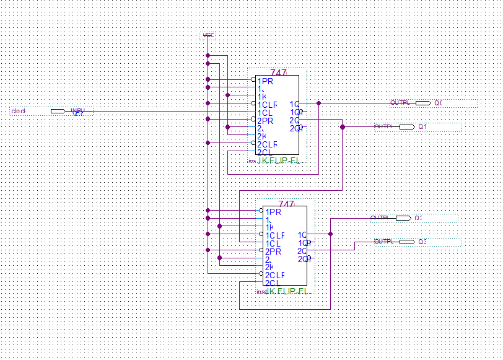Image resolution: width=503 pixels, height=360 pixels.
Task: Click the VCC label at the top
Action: (209, 35)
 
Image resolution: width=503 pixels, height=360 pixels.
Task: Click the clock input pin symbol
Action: (58, 111)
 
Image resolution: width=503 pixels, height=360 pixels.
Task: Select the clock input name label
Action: (19, 111)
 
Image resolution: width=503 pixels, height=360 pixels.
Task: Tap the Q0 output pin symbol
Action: (422, 103)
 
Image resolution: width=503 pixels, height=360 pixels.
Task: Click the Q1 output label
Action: (423, 126)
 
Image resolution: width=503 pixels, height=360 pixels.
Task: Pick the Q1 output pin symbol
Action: (406, 126)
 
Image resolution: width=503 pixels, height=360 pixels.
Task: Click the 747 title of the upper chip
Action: (279, 72)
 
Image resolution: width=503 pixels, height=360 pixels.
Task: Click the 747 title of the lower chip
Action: (286, 204)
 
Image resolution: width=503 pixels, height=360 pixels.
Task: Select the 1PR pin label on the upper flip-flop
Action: (265, 81)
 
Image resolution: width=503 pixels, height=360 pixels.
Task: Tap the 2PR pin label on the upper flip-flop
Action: (265, 120)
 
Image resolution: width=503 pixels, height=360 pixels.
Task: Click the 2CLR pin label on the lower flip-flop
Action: (274, 274)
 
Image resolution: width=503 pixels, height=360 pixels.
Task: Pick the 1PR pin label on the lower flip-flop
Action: (273, 211)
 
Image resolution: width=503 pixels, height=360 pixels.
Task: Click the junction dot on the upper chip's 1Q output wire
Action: (318, 103)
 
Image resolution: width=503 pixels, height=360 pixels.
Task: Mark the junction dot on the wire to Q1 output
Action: (343, 126)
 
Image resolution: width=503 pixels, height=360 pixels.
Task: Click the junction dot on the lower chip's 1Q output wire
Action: (330, 234)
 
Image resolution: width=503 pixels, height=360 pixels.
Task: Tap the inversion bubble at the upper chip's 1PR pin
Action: (253, 80)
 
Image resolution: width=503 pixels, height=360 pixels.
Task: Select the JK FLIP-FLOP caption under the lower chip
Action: (287, 291)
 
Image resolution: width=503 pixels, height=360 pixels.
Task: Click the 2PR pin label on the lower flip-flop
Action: (273, 251)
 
